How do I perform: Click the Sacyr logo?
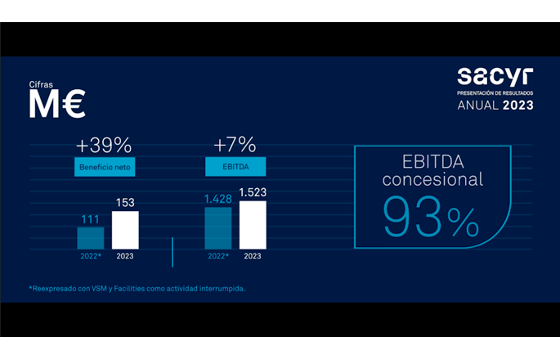494,79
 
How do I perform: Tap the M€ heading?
57,105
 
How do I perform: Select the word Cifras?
43,84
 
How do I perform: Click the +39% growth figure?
104,145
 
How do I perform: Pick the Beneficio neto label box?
104,168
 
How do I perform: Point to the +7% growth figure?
235,145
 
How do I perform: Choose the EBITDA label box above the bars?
235,168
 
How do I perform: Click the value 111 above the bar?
90,218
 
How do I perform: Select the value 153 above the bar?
125,202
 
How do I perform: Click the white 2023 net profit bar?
125,230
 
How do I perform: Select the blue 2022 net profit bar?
90,237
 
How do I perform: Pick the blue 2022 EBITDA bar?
217,227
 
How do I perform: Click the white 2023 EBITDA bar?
253,224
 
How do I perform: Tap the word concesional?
433,179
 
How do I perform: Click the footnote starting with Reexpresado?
137,288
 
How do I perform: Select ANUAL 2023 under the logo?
495,106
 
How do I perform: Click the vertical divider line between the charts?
172,252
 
